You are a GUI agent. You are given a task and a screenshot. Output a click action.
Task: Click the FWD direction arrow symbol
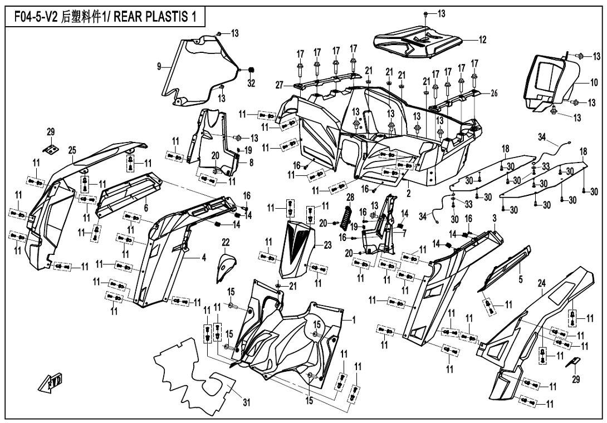[x=50, y=383]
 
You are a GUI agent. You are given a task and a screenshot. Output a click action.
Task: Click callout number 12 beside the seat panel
[x=483, y=40]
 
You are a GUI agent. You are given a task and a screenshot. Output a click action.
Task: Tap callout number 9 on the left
[x=159, y=67]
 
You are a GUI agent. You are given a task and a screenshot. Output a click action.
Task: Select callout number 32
[x=251, y=84]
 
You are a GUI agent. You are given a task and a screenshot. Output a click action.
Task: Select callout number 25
[x=72, y=150]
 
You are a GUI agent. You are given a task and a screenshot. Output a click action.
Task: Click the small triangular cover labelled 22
[x=224, y=264]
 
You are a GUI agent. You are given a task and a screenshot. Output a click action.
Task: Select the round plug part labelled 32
[x=251, y=70]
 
